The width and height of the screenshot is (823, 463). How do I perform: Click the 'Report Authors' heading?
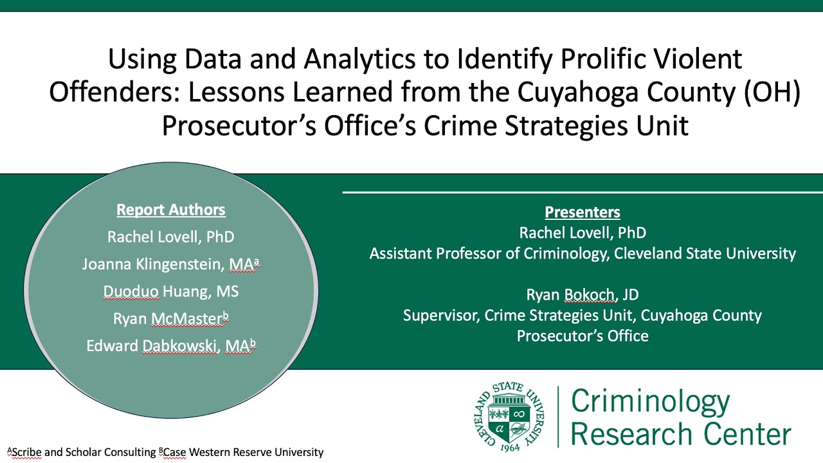click(170, 210)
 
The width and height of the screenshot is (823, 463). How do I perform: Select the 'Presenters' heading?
click(583, 212)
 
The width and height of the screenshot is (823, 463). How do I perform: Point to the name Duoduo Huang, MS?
click(170, 291)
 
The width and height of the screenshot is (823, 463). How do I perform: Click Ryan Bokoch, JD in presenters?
click(582, 295)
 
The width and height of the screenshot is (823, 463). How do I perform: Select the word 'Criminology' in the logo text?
click(650, 402)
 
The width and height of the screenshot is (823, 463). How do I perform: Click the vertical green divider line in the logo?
click(557, 417)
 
